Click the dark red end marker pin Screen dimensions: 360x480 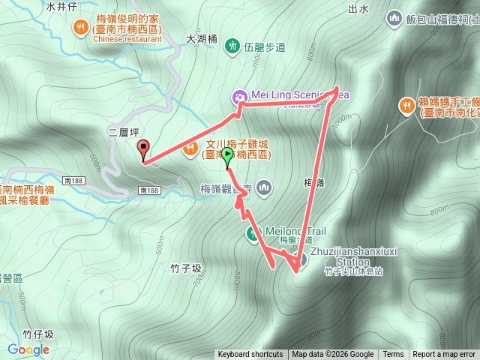[143, 149]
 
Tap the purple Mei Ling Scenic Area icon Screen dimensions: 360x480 [239, 95]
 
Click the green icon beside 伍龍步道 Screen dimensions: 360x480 [232, 46]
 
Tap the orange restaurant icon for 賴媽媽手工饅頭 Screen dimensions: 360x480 [406, 105]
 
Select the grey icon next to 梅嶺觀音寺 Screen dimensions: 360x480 [263, 187]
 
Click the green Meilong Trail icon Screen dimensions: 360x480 [253, 234]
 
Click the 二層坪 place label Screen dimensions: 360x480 [124, 132]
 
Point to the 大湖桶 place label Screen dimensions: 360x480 [202, 37]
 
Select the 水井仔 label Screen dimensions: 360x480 [61, 7]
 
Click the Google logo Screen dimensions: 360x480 [28, 349]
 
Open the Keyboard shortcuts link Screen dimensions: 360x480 [250, 355]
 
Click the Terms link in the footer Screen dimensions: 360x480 [393, 355]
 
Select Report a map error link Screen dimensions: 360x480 [444, 355]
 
